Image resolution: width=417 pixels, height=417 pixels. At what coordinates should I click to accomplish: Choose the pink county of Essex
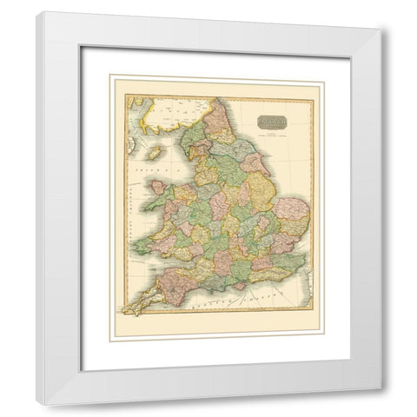280,247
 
